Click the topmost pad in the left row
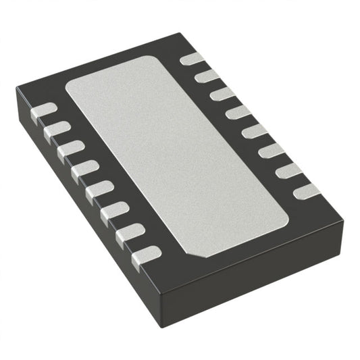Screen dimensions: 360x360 (45, 109)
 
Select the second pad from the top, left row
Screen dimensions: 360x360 (57, 129)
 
